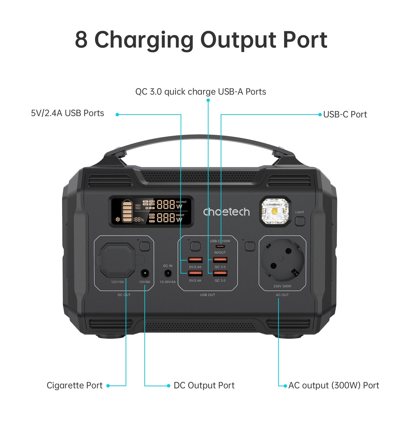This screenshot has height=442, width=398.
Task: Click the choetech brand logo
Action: pos(226,212)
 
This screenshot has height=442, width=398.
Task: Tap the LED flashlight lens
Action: pos(275,211)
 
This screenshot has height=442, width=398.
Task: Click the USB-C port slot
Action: pos(220,246)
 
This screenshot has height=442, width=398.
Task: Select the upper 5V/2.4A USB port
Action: pos(195,260)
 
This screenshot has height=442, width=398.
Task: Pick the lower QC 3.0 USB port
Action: pos(220,273)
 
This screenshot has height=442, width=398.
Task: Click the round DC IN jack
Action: pos(168,274)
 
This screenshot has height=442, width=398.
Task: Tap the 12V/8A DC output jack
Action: pos(145,274)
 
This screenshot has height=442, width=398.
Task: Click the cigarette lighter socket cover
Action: pos(118,260)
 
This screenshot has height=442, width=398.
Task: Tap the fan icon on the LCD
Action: pos(118,219)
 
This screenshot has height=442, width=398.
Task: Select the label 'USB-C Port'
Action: pos(345,114)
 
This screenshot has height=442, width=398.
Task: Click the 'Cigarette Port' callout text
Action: pos(75,385)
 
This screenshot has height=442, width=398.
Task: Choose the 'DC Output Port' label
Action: pos(204,385)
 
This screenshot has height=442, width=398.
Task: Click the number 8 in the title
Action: pos(81,40)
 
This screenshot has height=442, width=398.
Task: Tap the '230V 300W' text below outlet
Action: pos(282,286)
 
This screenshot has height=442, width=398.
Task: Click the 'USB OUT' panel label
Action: pos(207,295)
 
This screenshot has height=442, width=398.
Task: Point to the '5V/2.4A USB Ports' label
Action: pos(67,113)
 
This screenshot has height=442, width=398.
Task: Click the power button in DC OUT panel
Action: pos(145,246)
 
